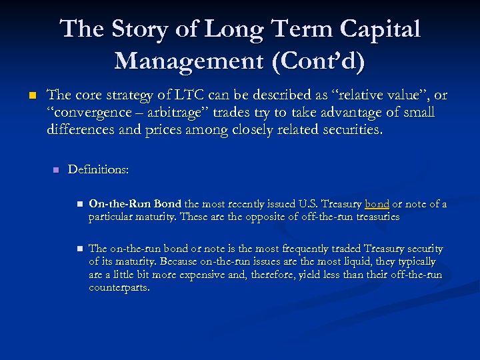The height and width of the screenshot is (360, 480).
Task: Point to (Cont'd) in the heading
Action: (x=315, y=61)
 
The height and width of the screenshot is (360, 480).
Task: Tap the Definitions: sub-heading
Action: (x=98, y=170)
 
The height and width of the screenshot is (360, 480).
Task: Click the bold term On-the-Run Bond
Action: (x=135, y=204)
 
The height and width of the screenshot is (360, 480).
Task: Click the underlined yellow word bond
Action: (x=377, y=204)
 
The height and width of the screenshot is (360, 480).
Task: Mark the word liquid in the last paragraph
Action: (x=365, y=262)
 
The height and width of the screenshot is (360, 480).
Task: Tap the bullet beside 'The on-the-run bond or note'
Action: (x=78, y=249)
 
